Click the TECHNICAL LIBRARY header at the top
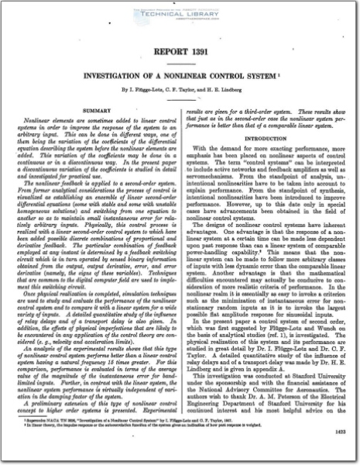click(x=180, y=15)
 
